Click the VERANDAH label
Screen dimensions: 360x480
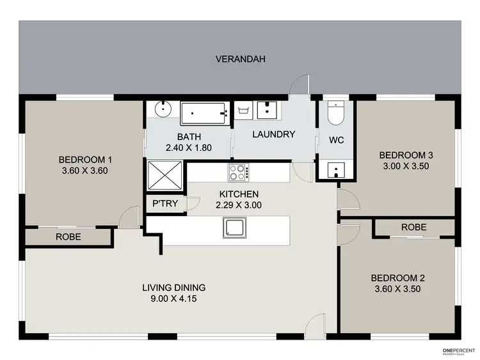[x=240, y=59]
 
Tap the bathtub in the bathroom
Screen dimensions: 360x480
[x=204, y=114]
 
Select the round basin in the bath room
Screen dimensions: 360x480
[x=163, y=109]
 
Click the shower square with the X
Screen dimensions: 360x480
[x=166, y=175]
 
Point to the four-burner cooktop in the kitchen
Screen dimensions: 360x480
[x=238, y=172]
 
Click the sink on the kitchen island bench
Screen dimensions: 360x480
[x=232, y=227]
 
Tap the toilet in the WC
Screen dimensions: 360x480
[x=336, y=113]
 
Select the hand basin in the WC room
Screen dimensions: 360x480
[x=335, y=170]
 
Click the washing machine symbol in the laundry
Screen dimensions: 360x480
[x=243, y=111]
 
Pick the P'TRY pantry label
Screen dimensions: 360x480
[x=165, y=204]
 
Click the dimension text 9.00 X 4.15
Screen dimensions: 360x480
[x=173, y=299]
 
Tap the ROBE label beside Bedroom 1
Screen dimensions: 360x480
[x=68, y=236]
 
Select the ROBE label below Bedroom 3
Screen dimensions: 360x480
[x=413, y=228]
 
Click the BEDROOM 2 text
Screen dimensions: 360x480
[x=397, y=278]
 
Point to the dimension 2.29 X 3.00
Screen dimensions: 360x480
[x=239, y=205]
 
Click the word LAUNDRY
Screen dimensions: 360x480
[x=273, y=134]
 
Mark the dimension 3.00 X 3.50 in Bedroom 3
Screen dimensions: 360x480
[x=406, y=166]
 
